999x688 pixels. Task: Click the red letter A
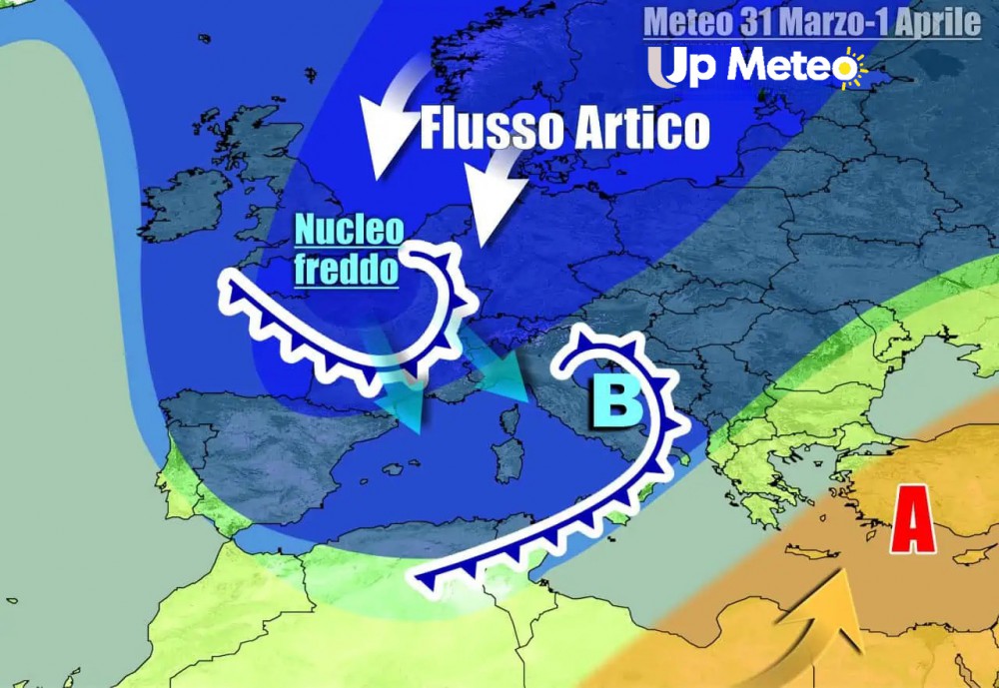tap(913, 519)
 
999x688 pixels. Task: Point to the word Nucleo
tap(349, 233)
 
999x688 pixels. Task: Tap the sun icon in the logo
tap(848, 68)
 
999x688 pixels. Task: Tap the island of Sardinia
tap(508, 460)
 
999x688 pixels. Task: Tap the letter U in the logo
tap(665, 68)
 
